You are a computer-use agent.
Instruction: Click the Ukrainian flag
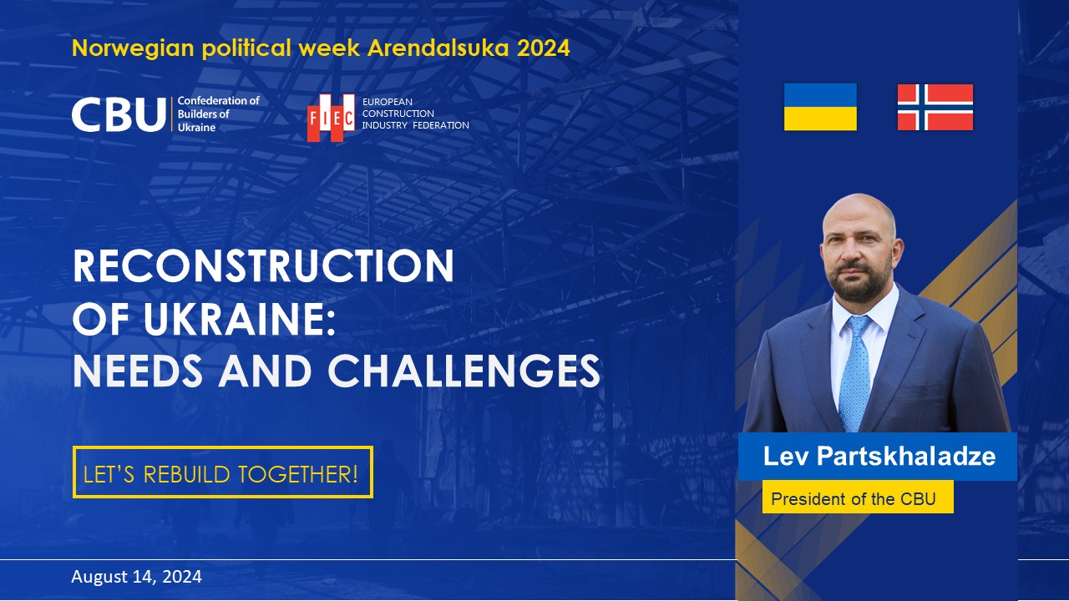click(x=820, y=107)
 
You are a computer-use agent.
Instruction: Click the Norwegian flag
click(x=935, y=107)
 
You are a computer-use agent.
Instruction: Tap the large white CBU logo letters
click(x=118, y=115)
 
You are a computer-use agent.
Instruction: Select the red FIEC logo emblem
click(x=331, y=117)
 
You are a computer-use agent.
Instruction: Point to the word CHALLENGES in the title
click(x=464, y=371)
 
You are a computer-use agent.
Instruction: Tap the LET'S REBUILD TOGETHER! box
click(x=222, y=472)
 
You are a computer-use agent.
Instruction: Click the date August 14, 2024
click(x=136, y=577)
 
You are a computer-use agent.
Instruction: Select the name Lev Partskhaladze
click(x=879, y=457)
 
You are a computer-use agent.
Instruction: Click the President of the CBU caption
click(x=853, y=499)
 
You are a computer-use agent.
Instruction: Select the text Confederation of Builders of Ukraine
click(x=219, y=114)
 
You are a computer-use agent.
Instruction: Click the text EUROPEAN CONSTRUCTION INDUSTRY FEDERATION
click(x=415, y=114)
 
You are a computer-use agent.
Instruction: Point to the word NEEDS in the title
click(x=139, y=371)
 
